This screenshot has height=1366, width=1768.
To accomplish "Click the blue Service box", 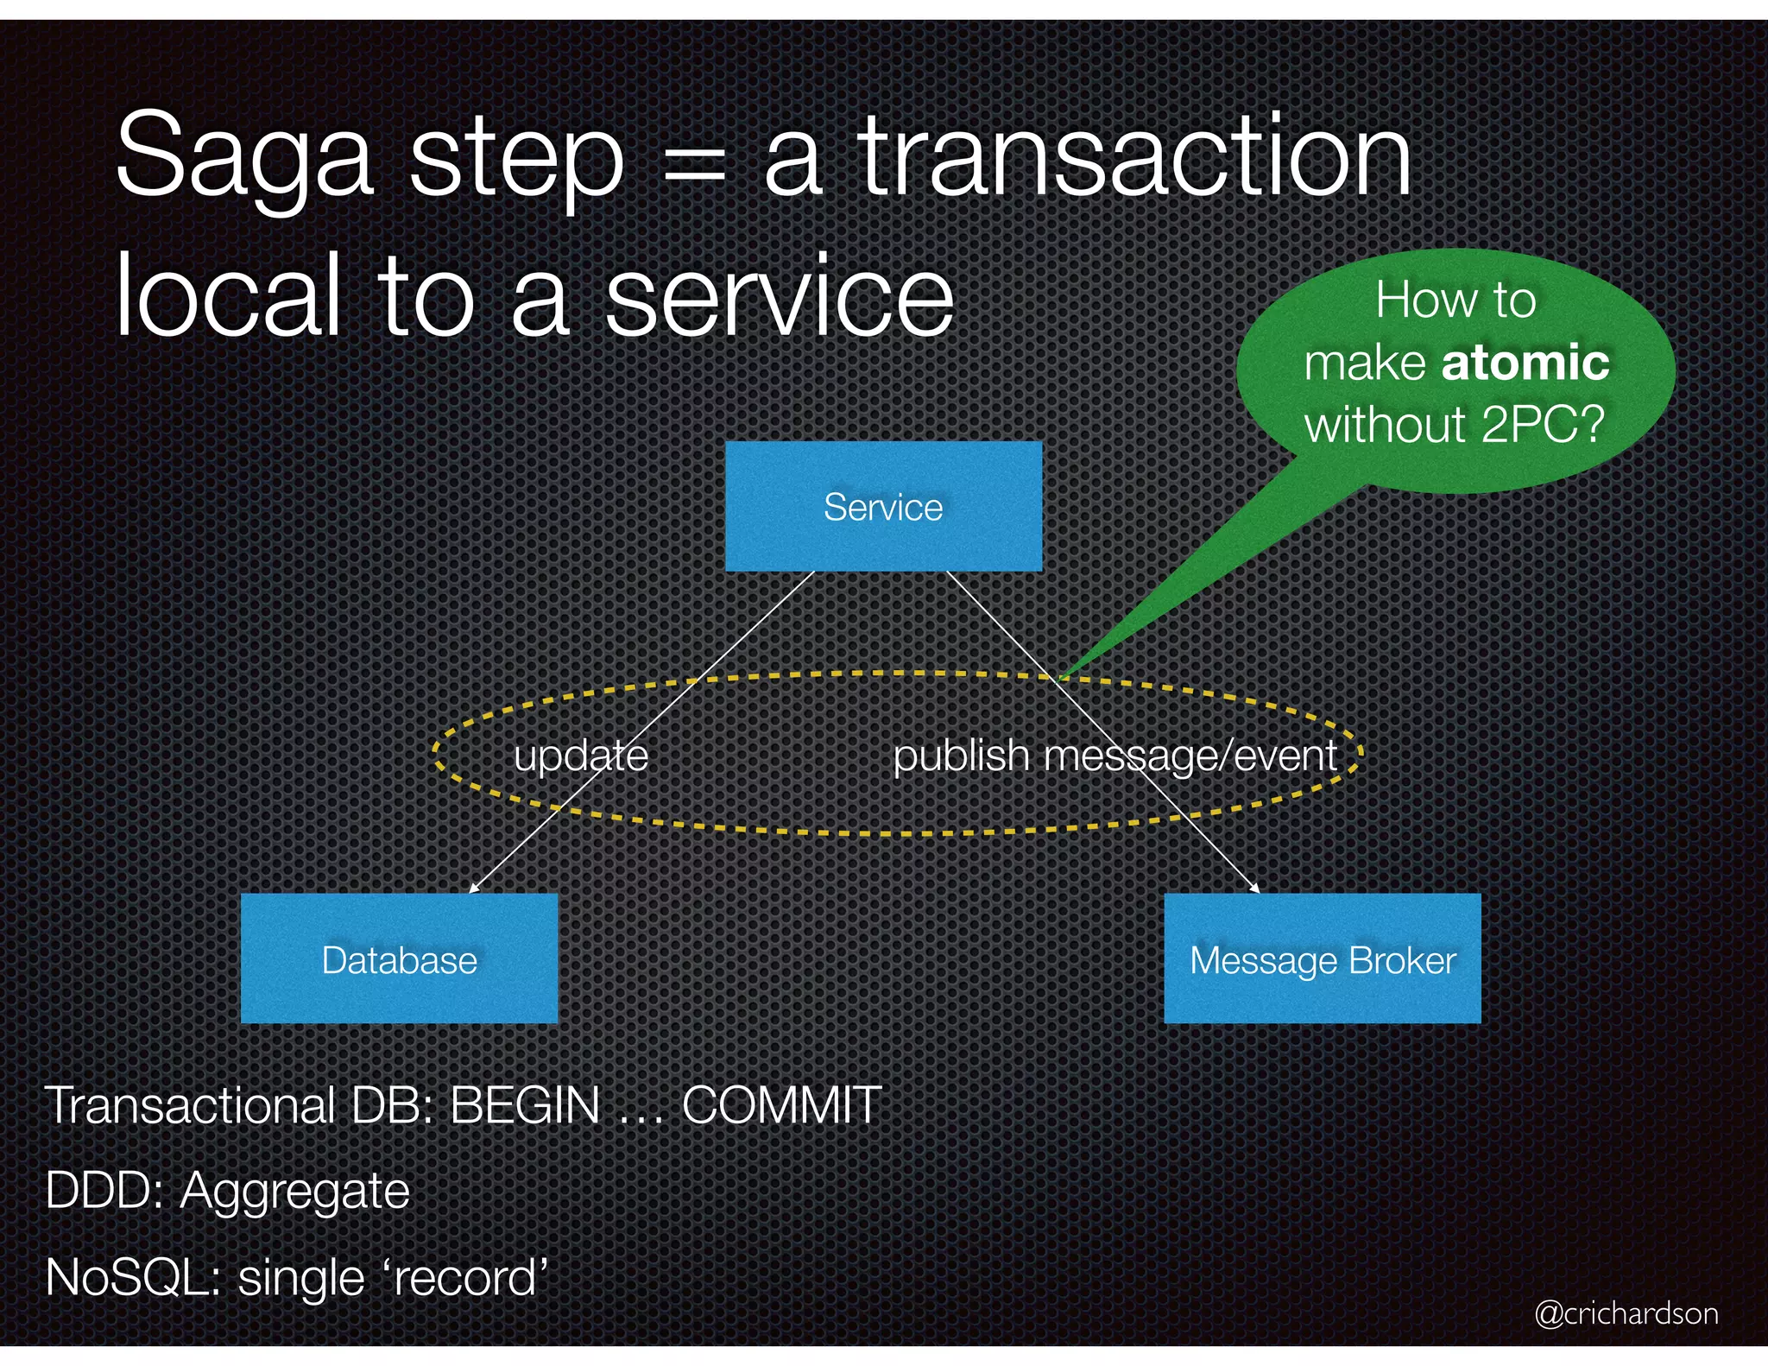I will [883, 507].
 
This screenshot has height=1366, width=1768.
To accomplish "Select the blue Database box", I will [399, 959].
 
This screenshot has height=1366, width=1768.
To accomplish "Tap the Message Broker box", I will [1322, 959].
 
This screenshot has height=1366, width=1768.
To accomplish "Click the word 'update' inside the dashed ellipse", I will [580, 756].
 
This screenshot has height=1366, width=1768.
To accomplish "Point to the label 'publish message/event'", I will [1114, 756].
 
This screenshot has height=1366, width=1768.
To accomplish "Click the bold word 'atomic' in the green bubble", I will [1525, 362].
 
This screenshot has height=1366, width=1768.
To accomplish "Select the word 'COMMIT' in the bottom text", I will [781, 1104].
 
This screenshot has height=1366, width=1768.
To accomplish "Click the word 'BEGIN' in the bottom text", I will [525, 1104].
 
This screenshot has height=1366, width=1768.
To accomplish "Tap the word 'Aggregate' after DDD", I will [294, 1192].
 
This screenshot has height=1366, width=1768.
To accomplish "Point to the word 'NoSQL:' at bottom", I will [134, 1277].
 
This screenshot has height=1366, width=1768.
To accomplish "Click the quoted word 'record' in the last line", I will [464, 1277].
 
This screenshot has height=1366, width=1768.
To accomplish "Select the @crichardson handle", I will [1626, 1313].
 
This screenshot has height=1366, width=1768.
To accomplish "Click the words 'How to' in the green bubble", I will [1455, 300].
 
